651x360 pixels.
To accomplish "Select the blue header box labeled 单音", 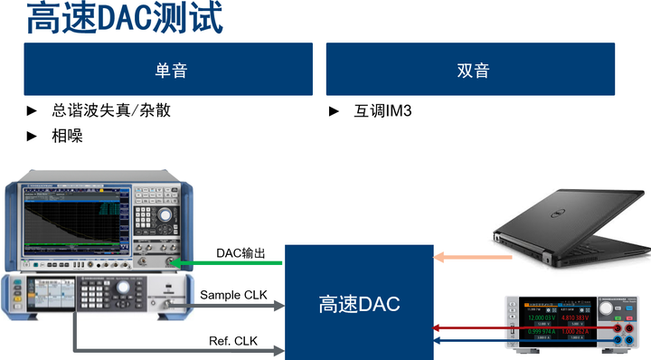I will tap(168, 70).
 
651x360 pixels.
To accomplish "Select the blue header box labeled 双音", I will tap(470, 70).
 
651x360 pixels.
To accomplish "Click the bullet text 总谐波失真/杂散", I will tap(110, 111).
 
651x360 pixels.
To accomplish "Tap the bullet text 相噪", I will tap(68, 136).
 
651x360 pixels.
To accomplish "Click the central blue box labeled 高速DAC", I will tap(359, 304).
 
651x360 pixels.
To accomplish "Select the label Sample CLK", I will tap(233, 295).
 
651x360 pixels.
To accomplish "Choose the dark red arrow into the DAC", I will tap(471, 327).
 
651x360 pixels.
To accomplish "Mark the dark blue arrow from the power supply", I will tap(471, 341).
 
